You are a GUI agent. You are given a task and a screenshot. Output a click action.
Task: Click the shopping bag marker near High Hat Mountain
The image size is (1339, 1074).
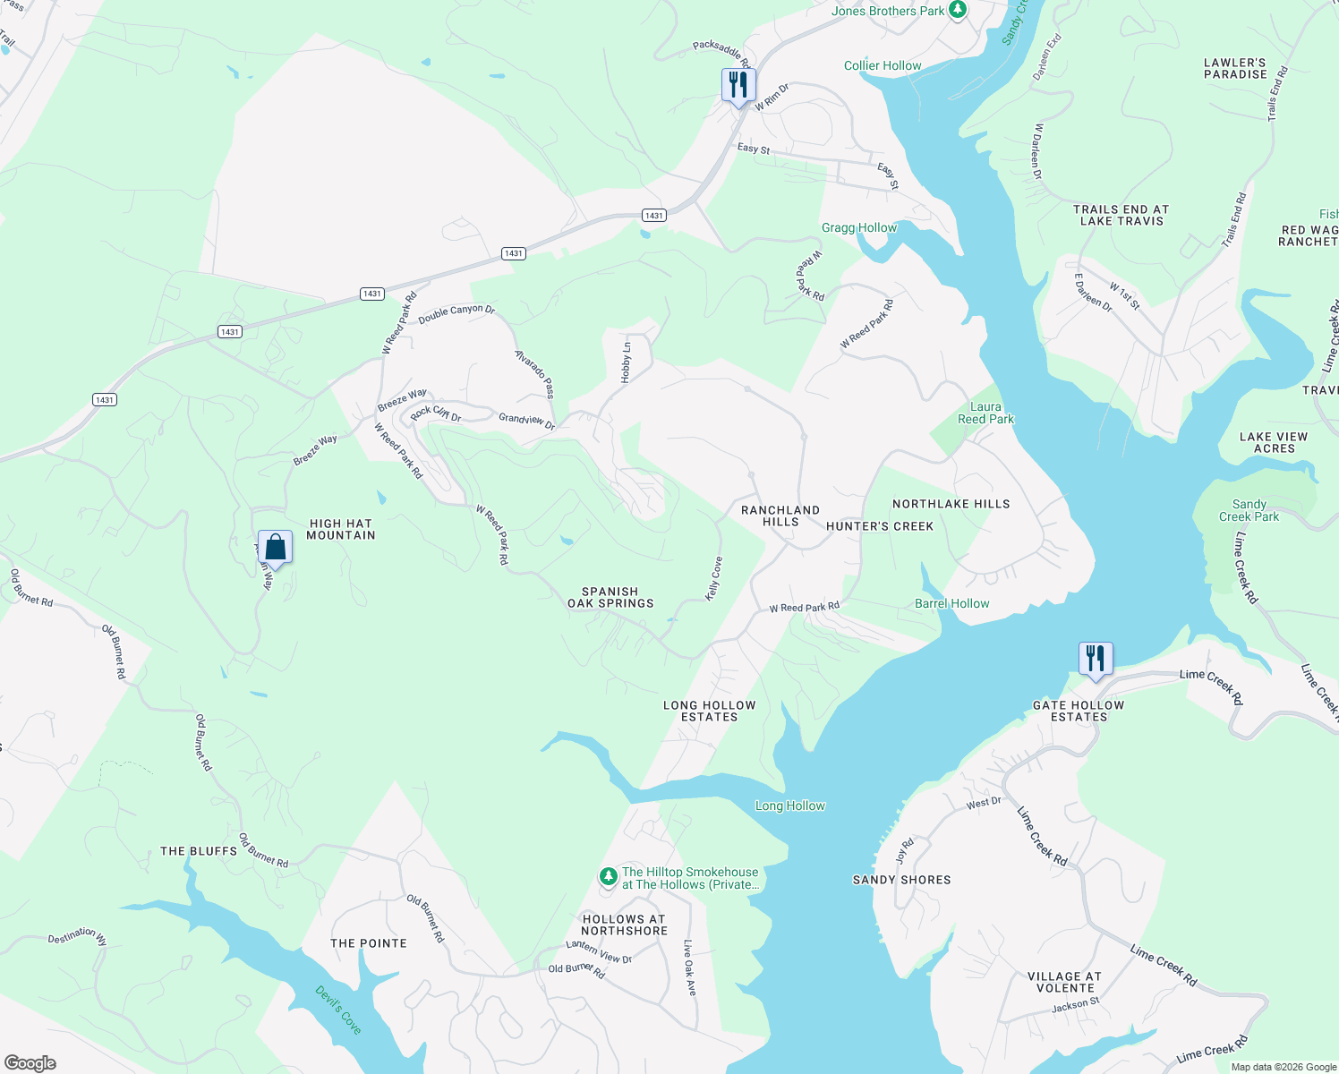276,548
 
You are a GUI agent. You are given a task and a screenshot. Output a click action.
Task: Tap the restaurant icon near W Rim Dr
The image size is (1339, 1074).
738,86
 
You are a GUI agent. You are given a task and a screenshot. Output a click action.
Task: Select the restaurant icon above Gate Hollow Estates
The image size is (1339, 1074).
1096,660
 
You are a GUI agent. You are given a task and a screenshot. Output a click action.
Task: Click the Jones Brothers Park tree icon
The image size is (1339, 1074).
959,11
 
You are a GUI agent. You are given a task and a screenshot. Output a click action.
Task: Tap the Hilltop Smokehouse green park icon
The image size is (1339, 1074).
609,876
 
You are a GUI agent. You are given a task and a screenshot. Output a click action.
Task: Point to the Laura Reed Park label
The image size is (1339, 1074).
985,413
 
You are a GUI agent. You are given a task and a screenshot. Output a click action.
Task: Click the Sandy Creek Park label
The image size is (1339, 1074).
1249,510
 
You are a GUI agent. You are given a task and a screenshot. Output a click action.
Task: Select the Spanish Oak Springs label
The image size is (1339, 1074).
610,597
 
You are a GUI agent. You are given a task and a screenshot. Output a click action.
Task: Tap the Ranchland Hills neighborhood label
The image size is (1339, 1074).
780,516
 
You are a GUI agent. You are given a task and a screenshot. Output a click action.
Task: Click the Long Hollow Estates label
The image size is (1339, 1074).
710,711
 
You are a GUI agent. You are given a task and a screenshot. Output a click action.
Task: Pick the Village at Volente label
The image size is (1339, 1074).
1065,982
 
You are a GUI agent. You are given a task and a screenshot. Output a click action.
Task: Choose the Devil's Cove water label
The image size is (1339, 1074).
338,1010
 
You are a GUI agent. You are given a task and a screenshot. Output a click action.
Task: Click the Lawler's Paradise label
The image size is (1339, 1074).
1235,69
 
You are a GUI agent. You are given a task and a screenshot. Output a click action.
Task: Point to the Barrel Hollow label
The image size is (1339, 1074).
952,603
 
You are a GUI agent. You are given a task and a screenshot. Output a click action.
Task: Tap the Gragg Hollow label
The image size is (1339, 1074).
859,227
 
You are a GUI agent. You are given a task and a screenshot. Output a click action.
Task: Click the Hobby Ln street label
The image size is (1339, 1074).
627,362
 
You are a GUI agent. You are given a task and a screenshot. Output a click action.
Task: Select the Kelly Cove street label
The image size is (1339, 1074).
714,578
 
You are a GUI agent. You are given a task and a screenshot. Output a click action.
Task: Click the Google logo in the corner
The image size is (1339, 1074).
30,1062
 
